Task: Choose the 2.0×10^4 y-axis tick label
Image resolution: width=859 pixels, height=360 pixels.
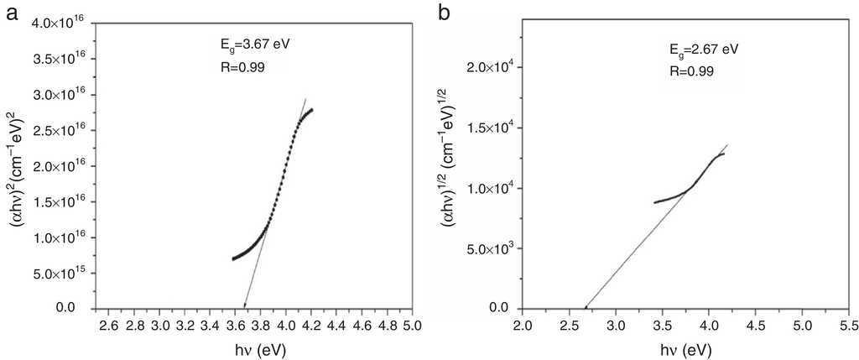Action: [492, 67]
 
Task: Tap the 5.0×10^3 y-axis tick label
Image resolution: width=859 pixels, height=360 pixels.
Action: [492, 248]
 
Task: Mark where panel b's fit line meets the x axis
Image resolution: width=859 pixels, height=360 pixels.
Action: [586, 308]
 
